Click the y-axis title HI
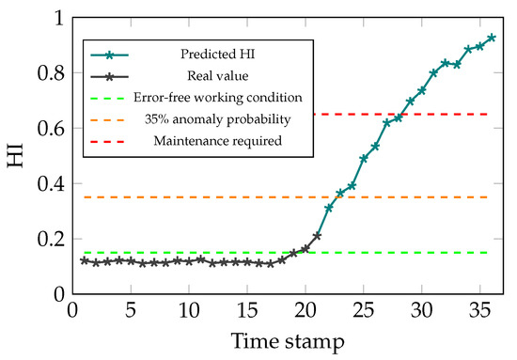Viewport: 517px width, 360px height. [17, 156]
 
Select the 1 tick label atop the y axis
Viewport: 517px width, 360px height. [57, 18]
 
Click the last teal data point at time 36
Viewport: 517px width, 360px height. [492, 39]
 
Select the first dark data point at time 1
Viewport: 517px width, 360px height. [85, 260]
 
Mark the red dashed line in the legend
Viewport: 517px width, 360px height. [111, 141]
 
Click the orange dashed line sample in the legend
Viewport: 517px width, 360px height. [111, 120]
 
